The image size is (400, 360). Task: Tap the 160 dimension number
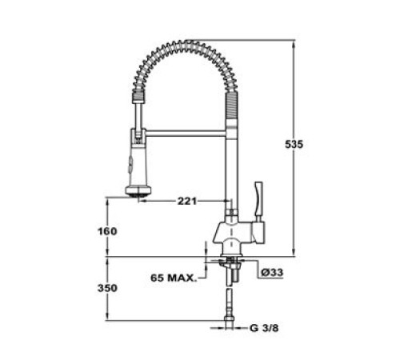tap(107, 231)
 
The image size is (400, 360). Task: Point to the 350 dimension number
tap(107, 287)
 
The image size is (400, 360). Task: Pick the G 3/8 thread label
tap(265, 329)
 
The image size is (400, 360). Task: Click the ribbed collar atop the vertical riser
tap(232, 104)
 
